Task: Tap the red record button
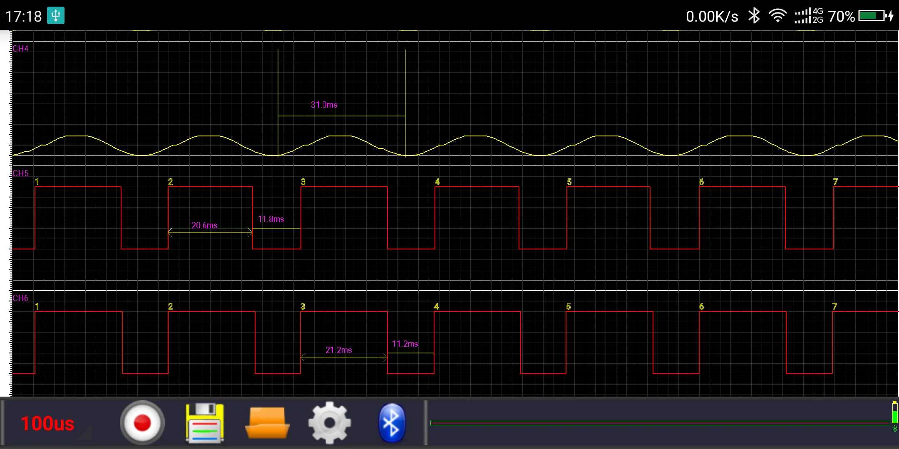142,423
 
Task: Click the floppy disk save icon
204,423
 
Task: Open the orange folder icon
267,423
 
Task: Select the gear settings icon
329,423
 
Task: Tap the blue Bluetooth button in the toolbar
391,423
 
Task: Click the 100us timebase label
47,424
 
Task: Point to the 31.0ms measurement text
324,105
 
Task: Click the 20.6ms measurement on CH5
204,225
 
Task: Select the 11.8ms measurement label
271,219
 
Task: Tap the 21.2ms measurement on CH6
338,350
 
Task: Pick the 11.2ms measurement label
405,344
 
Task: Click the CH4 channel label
20,49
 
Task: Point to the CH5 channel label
20,173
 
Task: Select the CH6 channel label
20,298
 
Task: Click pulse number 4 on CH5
437,182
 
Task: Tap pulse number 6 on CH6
701,306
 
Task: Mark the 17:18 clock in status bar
23,16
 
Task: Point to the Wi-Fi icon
777,16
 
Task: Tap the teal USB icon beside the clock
56,16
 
